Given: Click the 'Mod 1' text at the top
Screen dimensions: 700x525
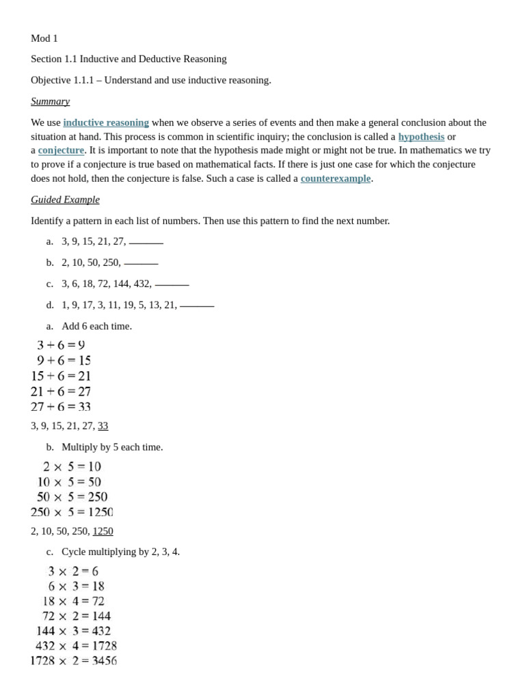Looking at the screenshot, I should point(44,38).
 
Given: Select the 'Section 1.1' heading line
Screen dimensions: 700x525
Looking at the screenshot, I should point(129,59).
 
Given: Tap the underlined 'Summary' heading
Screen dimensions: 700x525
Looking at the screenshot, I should point(50,101).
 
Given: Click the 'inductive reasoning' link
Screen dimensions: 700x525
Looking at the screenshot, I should point(106,122).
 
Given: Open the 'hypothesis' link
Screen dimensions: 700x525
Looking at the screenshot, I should point(421,137).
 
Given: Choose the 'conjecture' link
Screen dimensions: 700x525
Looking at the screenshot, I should point(61,150).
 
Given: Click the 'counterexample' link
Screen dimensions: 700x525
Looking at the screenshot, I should point(335,178).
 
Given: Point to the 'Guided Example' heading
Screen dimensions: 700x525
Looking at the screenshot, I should point(65,200).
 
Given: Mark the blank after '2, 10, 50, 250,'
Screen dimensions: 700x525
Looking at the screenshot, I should point(141,263).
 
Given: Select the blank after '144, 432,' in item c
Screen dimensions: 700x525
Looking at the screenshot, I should point(172,284).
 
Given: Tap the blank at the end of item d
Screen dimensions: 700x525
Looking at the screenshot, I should point(197,306).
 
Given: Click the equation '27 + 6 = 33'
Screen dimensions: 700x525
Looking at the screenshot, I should point(61,407).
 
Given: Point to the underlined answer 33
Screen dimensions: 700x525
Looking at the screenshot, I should point(103,426).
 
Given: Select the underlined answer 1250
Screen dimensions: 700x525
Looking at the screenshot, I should point(103,531).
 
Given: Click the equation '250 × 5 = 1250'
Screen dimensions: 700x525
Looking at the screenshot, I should point(72,512).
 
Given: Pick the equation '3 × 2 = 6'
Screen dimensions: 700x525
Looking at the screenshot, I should point(73,571).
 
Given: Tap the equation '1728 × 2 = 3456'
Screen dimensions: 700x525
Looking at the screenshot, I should point(73,661).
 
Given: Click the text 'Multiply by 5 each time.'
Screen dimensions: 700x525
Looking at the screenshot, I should point(112,447).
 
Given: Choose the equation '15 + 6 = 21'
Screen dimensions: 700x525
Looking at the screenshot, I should point(61,376).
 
